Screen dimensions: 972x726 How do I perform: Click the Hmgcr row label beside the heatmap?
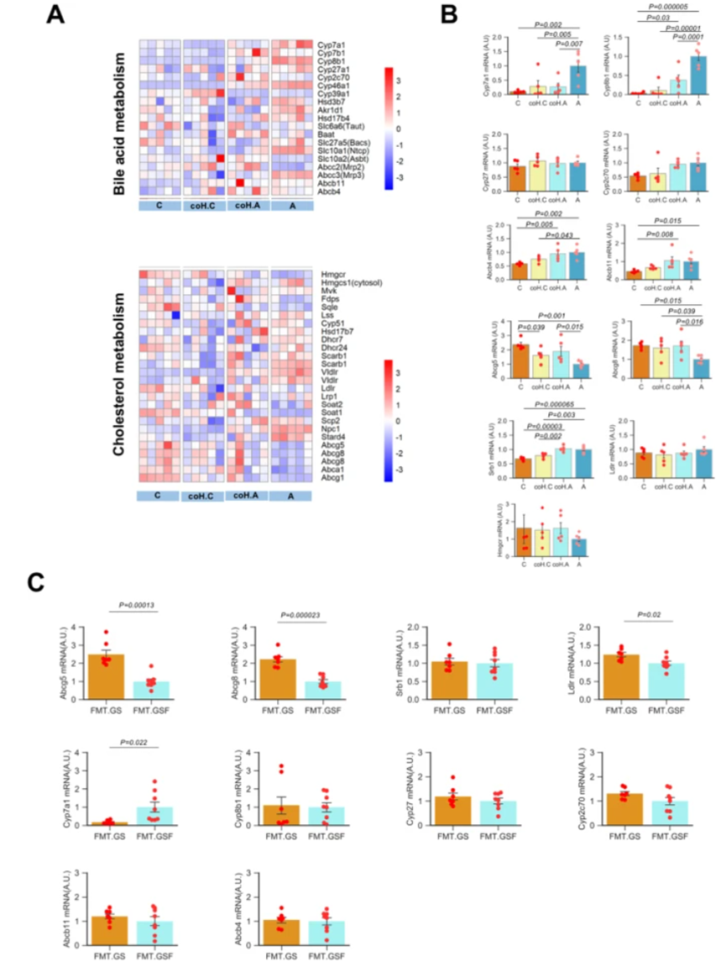(x=333, y=274)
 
